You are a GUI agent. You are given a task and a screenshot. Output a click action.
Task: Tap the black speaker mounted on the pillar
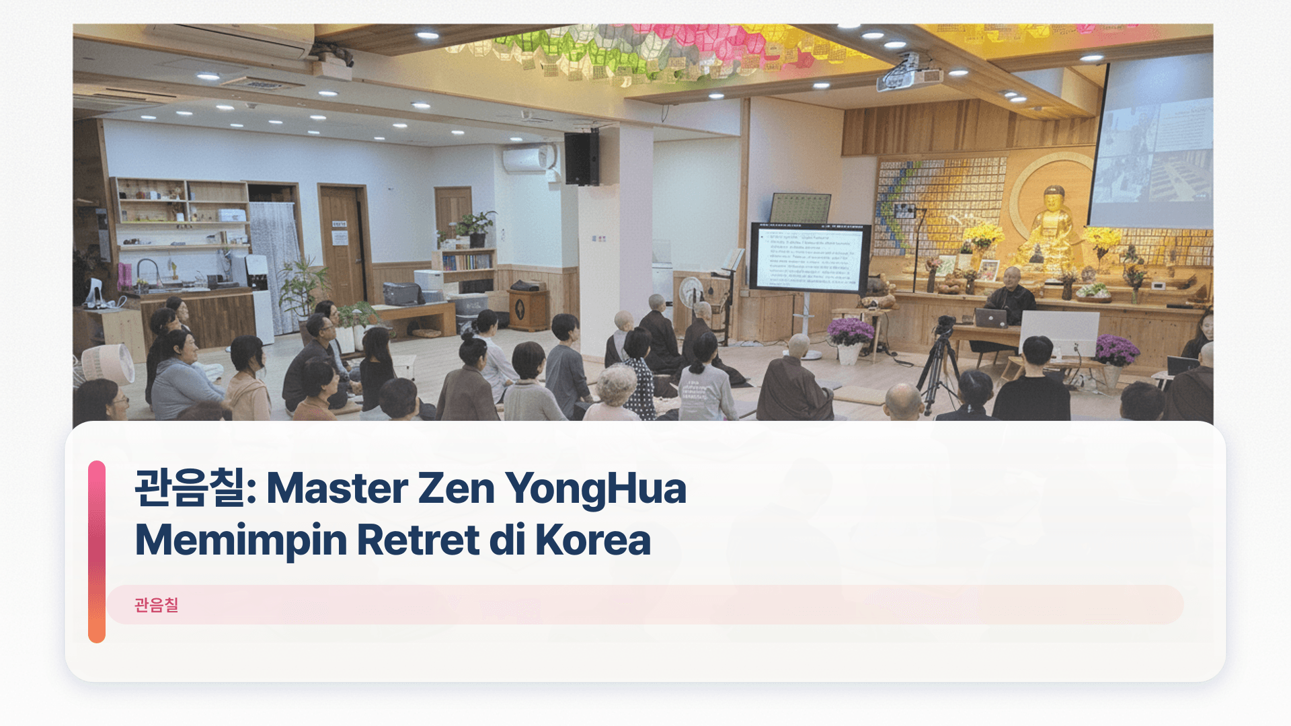(x=582, y=158)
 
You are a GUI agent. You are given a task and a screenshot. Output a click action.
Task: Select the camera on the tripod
(x=945, y=325)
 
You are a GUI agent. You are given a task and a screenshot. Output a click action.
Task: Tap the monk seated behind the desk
(x=1011, y=296)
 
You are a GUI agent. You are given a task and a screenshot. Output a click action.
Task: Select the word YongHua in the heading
(x=596, y=489)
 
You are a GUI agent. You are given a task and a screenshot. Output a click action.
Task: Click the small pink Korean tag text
(x=156, y=605)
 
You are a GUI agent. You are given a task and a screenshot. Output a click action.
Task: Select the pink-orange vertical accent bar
(x=97, y=551)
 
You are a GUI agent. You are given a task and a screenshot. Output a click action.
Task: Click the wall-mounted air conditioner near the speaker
(x=529, y=159)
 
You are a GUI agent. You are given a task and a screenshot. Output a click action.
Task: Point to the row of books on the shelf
(x=467, y=261)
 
